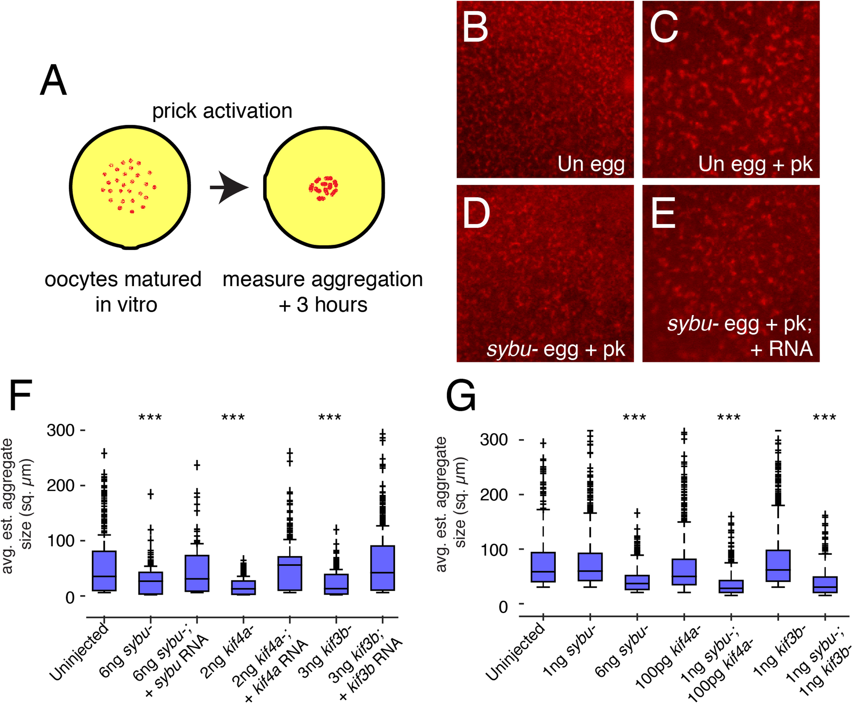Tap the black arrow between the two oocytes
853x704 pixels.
(229, 187)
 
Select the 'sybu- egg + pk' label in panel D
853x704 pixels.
(555, 349)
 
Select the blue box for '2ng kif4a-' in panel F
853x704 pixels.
(243, 587)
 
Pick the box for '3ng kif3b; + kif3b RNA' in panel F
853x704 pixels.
(383, 568)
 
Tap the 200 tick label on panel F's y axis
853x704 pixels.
(60, 486)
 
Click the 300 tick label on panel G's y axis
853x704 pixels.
(494, 439)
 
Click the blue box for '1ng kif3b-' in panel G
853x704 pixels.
(778, 566)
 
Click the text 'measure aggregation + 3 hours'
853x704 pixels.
(323, 292)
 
